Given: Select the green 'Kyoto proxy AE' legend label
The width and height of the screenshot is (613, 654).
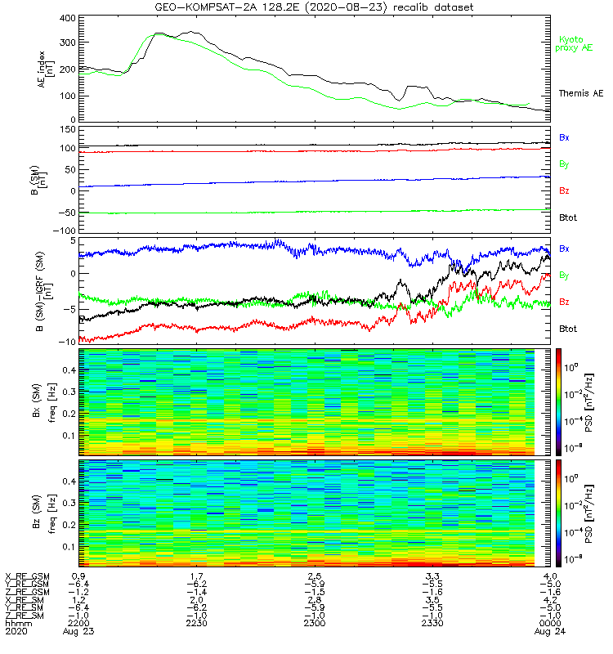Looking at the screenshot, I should pyautogui.click(x=576, y=43).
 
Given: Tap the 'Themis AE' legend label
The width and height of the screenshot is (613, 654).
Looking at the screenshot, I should pyautogui.click(x=579, y=94).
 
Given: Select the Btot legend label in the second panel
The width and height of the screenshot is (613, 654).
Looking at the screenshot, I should pyautogui.click(x=569, y=218).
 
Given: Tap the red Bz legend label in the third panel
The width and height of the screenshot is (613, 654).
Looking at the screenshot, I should pyautogui.click(x=564, y=302).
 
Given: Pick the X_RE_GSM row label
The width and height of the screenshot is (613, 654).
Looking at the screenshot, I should pyautogui.click(x=26, y=576).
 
